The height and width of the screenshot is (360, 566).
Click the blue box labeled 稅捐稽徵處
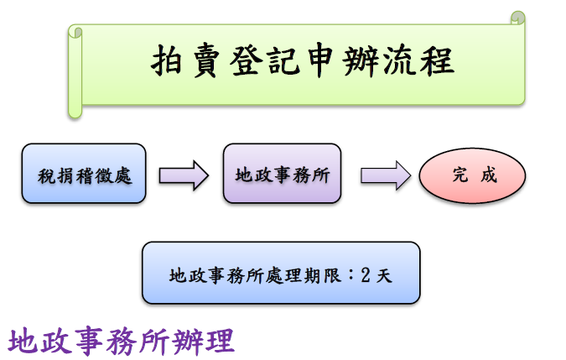[x=84, y=174]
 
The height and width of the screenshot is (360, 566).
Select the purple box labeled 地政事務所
[x=282, y=174]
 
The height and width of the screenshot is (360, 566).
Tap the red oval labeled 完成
[x=473, y=175]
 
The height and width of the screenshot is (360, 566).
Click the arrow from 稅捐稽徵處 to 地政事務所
[x=183, y=175]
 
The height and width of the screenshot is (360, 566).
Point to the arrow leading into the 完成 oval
[x=385, y=175]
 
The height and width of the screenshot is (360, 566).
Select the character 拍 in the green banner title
[x=169, y=61]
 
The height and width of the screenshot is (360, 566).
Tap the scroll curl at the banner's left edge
[x=76, y=34]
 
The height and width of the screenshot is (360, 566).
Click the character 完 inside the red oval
[x=460, y=175]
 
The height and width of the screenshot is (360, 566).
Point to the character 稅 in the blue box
[x=46, y=175]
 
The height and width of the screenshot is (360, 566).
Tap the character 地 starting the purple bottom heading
[x=23, y=342]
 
